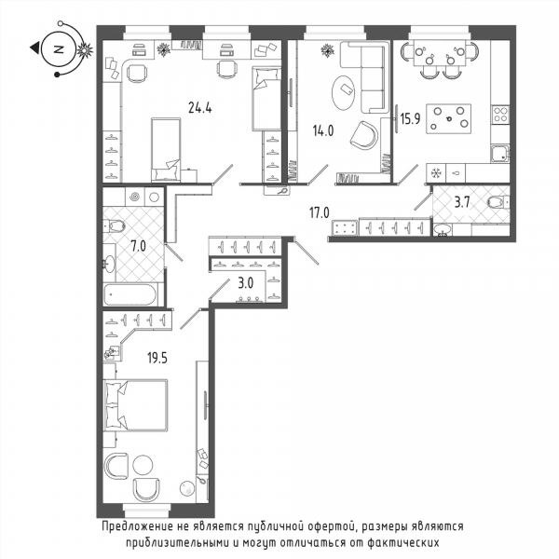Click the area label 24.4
point(199,107)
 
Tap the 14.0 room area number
point(323,130)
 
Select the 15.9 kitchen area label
point(410,118)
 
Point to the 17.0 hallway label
point(319,212)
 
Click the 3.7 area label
point(462,202)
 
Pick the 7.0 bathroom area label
point(138,246)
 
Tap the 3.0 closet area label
point(246,283)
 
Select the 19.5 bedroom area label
point(157,358)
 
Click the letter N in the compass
point(58,49)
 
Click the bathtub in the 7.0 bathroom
point(130,294)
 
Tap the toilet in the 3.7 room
point(498,202)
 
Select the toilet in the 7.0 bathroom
point(114,225)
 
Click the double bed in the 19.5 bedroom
point(135,405)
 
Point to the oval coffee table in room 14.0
point(343,91)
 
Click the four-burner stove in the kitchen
point(500,115)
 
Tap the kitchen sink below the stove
point(500,154)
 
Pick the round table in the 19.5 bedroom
point(143,465)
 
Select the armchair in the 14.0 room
point(363,135)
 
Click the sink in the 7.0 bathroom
point(109,264)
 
